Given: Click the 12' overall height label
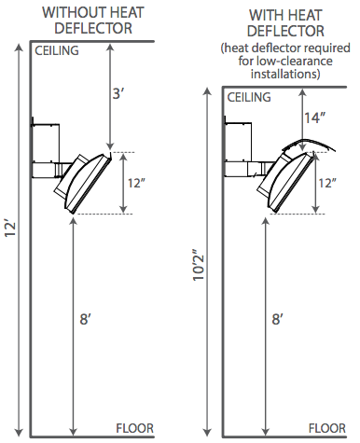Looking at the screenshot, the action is click(10, 228).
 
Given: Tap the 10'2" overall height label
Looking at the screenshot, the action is click(199, 265).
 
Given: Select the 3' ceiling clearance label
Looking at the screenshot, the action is click(118, 93).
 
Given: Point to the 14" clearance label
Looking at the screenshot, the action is click(314, 118).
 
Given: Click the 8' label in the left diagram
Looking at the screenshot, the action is click(85, 319).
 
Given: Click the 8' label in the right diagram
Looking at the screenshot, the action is click(278, 319).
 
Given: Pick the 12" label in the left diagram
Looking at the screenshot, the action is click(137, 183).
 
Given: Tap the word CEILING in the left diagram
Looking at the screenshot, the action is click(57, 50).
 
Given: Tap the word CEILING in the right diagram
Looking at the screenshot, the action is click(249, 97).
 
